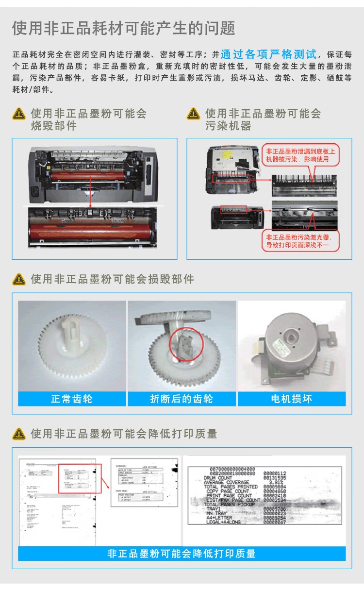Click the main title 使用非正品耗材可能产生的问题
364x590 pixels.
124,28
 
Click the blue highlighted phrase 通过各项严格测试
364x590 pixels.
268,54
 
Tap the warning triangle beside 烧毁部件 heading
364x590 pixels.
19,114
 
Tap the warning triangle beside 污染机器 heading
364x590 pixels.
194,114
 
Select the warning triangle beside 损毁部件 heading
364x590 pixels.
19,279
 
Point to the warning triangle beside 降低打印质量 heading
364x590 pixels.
19,434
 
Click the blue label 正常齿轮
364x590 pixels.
72,399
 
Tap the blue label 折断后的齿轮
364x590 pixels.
182,399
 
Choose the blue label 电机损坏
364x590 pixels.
291,399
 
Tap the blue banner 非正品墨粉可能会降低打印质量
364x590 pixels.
182,553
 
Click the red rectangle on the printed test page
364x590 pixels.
80,478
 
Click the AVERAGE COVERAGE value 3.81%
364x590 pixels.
276,482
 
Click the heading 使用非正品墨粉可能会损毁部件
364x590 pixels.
113,279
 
